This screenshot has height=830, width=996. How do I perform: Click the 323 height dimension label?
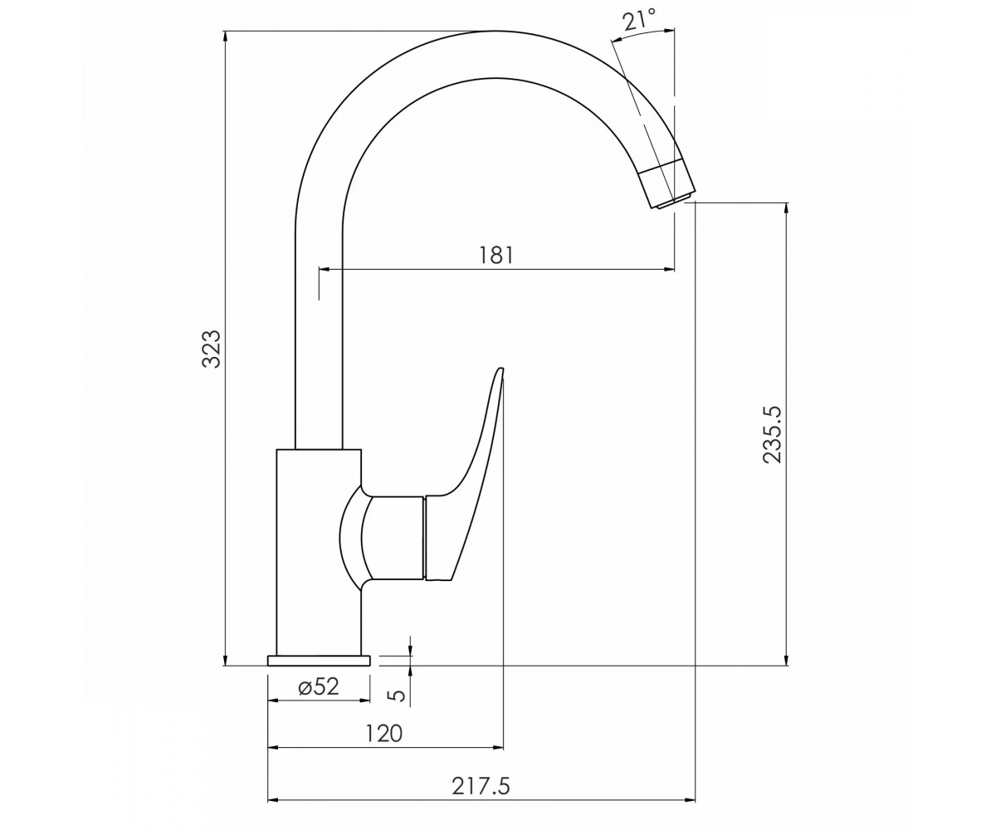coord(212,349)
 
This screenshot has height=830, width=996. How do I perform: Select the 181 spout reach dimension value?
coord(496,255)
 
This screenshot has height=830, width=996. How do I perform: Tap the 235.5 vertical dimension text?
coord(772,433)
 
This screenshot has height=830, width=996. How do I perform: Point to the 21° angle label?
coord(639,21)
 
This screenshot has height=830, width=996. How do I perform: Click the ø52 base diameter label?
coord(319,687)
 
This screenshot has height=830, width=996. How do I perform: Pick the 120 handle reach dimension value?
coord(384,733)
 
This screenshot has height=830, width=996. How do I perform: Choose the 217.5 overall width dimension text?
coord(481,786)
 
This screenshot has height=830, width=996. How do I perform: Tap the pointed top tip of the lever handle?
coord(500,368)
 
